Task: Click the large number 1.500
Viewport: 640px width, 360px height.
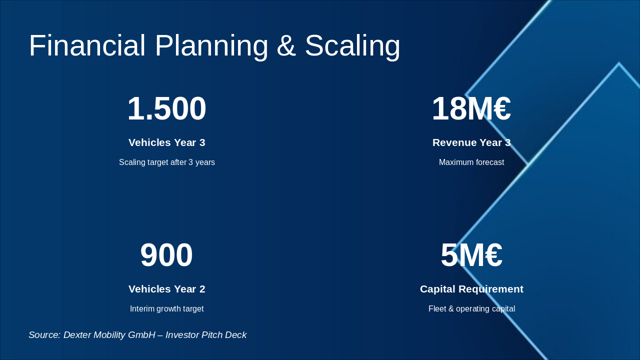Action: pos(166,108)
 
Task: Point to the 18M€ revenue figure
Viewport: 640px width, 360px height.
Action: pos(471,108)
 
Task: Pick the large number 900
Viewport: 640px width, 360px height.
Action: pos(166,255)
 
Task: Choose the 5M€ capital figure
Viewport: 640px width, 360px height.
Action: pos(471,255)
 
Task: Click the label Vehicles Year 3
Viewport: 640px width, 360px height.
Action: pos(166,142)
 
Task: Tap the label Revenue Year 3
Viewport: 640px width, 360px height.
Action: pos(471,142)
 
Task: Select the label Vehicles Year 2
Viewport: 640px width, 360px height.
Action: pos(166,289)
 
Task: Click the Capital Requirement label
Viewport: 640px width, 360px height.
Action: pos(471,289)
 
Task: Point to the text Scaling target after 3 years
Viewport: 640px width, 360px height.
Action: pos(166,162)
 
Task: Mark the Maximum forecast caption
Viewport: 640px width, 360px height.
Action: pos(471,162)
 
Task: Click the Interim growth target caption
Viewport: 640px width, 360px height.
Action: pos(166,309)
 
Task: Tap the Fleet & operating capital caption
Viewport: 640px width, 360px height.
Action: pos(471,309)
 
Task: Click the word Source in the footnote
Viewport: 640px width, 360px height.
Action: pos(44,335)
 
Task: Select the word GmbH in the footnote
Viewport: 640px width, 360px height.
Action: pos(141,335)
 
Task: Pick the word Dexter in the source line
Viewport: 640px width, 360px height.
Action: pos(78,335)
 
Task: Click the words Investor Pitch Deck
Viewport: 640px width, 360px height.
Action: pos(206,335)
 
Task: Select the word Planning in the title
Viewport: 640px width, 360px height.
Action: pos(211,45)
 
